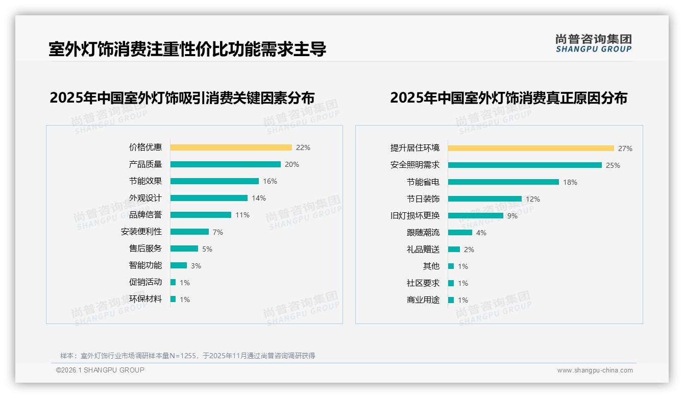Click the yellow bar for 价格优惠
[x=231, y=147]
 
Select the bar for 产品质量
[x=225, y=164]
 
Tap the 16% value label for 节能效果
[x=270, y=181]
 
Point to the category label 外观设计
[x=145, y=198]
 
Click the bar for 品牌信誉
[x=201, y=215]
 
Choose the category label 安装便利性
[x=141, y=232]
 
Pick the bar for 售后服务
[x=184, y=248]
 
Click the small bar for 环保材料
[x=173, y=299]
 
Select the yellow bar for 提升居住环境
[x=531, y=148]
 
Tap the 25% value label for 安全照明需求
[x=613, y=165]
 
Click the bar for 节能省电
[x=503, y=182]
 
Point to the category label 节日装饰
[x=423, y=199]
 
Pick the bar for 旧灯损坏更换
[x=476, y=216]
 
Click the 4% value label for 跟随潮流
[x=481, y=233]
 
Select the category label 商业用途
[x=423, y=300]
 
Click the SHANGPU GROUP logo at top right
[x=593, y=43]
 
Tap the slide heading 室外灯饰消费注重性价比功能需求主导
[x=187, y=49]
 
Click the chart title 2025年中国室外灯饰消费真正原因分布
[x=508, y=97]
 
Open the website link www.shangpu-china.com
[x=595, y=370]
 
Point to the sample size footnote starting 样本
[x=187, y=356]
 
